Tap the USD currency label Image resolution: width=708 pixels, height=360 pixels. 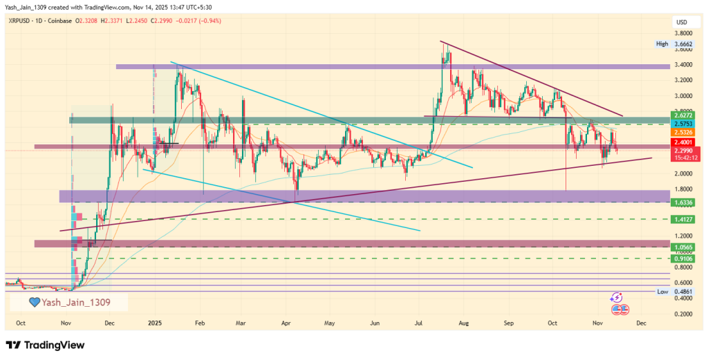[x=681, y=23]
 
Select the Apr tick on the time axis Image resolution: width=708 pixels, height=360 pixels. [x=286, y=323]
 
